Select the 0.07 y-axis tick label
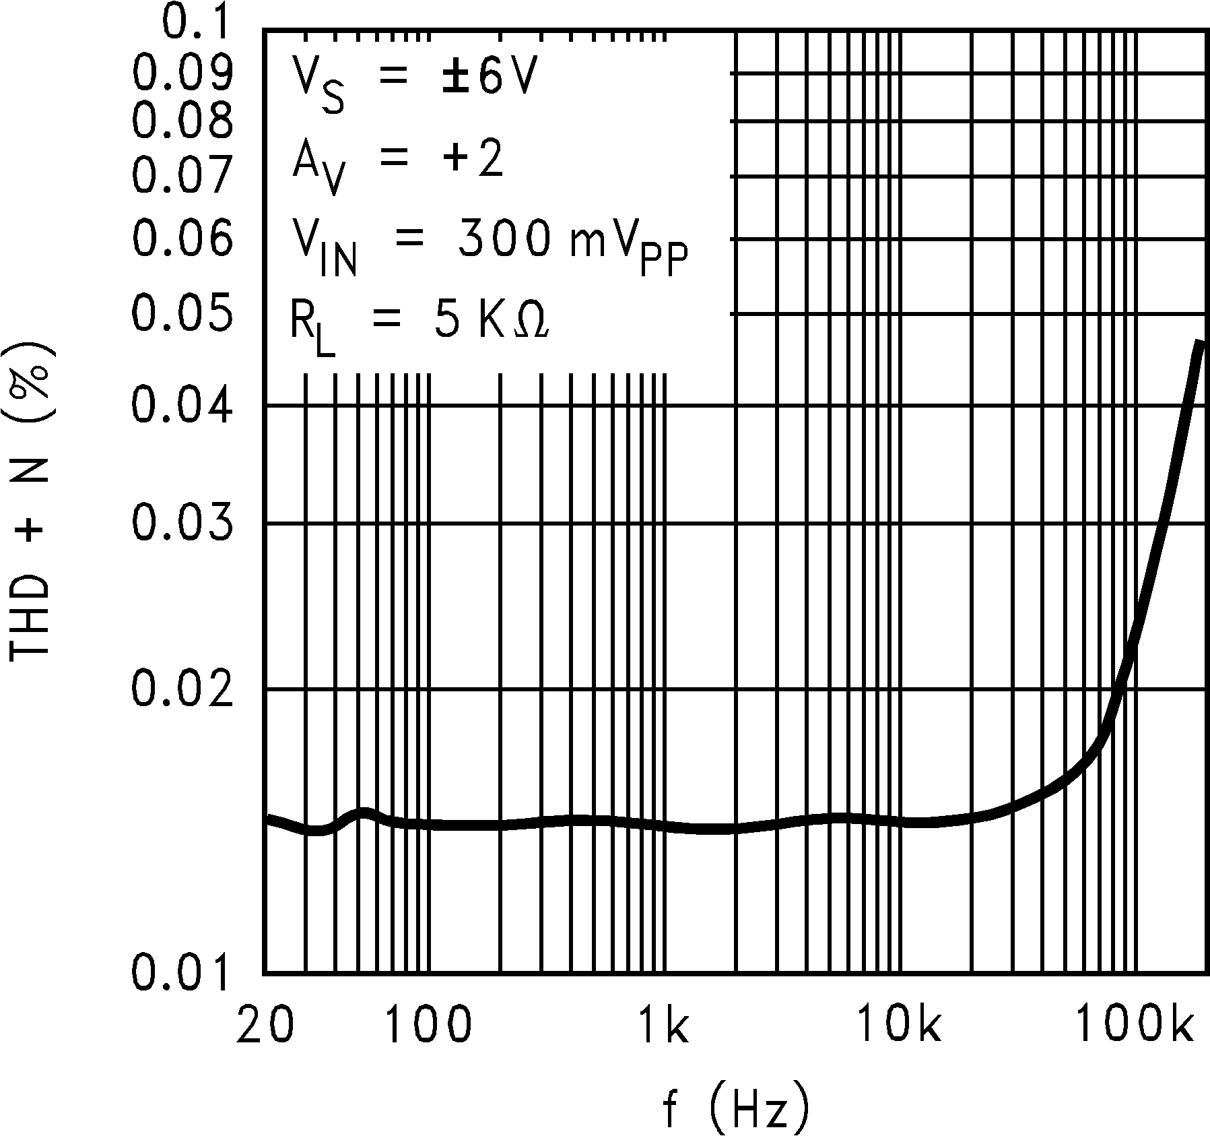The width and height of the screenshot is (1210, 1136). point(182,175)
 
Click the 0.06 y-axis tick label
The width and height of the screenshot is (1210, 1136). point(182,237)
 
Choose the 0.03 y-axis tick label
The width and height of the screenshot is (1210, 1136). point(182,523)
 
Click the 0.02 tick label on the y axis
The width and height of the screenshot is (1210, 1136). point(182,689)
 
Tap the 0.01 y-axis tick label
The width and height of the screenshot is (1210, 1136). point(182,973)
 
